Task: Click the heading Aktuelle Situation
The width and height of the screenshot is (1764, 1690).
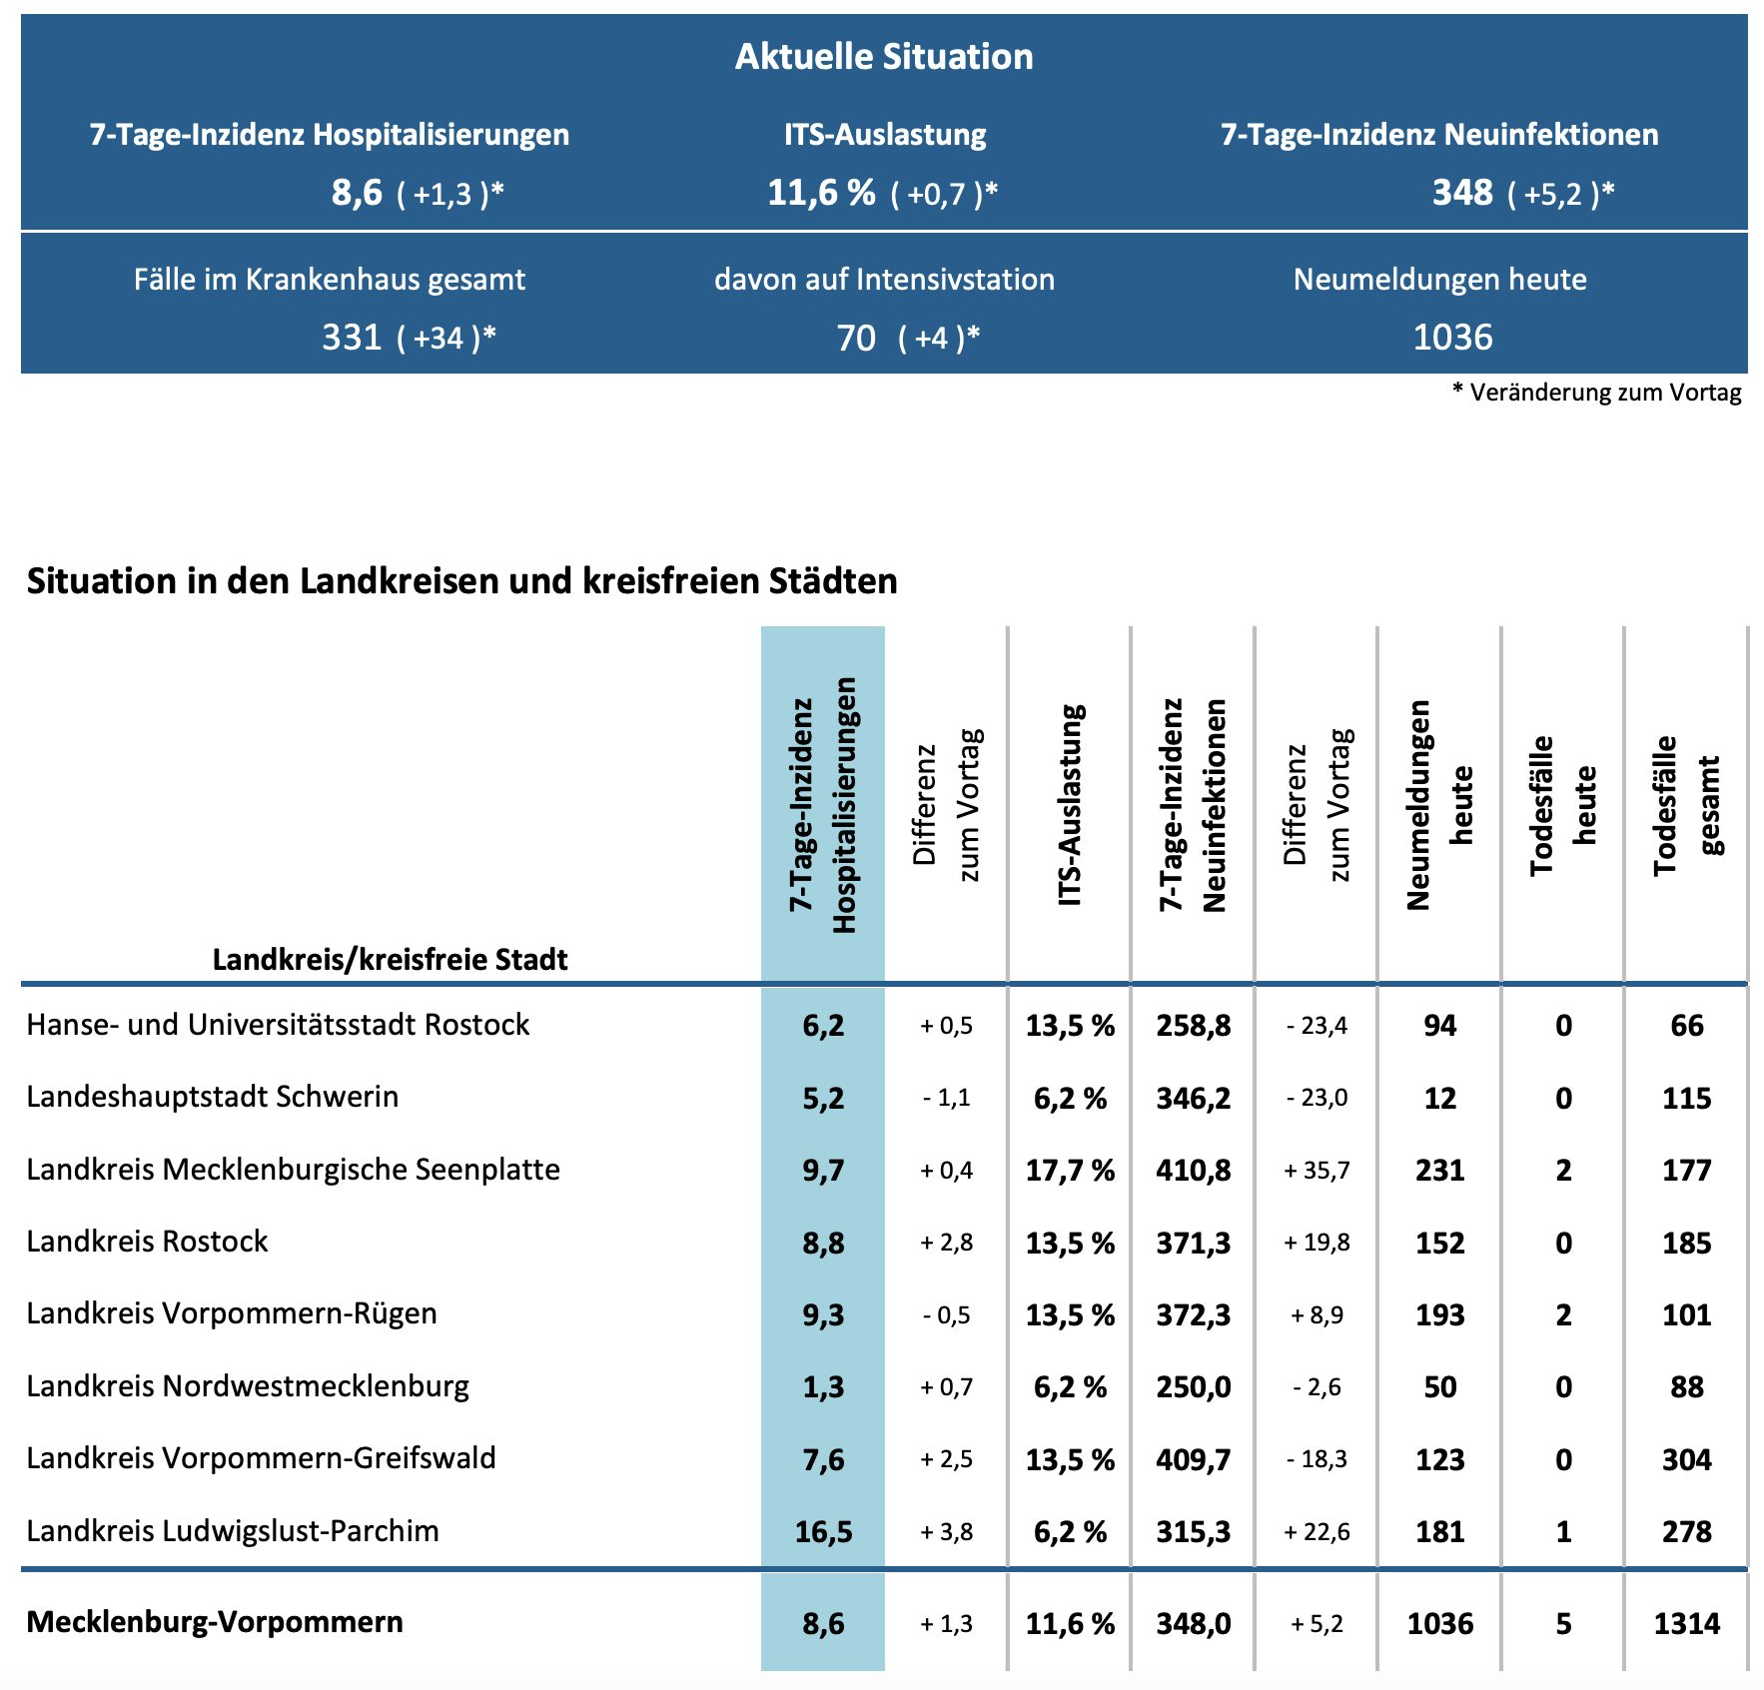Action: pyautogui.click(x=884, y=57)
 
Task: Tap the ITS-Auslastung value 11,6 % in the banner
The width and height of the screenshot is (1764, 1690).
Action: pyautogui.click(x=821, y=192)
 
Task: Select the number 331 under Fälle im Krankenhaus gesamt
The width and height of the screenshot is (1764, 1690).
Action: pyautogui.click(x=352, y=338)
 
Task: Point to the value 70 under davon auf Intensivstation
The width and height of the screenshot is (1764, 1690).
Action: pyautogui.click(x=856, y=338)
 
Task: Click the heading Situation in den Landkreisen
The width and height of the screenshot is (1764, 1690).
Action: pyautogui.click(x=461, y=580)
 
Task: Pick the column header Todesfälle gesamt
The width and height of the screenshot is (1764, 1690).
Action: pyautogui.click(x=1686, y=805)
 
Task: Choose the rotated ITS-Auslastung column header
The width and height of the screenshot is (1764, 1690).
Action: pyautogui.click(x=1070, y=805)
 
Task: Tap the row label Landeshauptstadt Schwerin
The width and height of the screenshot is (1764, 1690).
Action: pyautogui.click(x=213, y=1097)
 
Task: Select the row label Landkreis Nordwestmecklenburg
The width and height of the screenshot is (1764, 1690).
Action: pyautogui.click(x=248, y=1386)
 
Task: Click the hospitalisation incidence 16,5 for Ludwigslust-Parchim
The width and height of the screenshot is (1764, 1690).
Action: pyautogui.click(x=823, y=1531)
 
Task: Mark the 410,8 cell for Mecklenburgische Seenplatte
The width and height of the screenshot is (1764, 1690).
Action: pyautogui.click(x=1194, y=1170)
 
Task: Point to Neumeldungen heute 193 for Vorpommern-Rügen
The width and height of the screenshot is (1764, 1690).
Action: pyautogui.click(x=1439, y=1314)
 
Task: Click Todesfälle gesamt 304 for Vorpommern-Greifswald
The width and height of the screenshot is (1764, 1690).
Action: pyautogui.click(x=1686, y=1459)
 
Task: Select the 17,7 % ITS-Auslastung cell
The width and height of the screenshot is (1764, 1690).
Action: pyautogui.click(x=1070, y=1170)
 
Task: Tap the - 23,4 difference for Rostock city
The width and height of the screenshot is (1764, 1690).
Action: pyautogui.click(x=1317, y=1026)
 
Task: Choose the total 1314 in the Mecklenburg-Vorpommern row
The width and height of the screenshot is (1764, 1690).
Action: pyautogui.click(x=1686, y=1623)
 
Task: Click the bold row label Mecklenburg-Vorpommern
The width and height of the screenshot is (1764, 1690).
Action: pyautogui.click(x=215, y=1621)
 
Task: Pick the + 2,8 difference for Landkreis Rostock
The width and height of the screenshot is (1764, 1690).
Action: pyautogui.click(x=946, y=1243)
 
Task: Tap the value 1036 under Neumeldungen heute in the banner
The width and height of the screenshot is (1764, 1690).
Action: pyautogui.click(x=1452, y=338)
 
